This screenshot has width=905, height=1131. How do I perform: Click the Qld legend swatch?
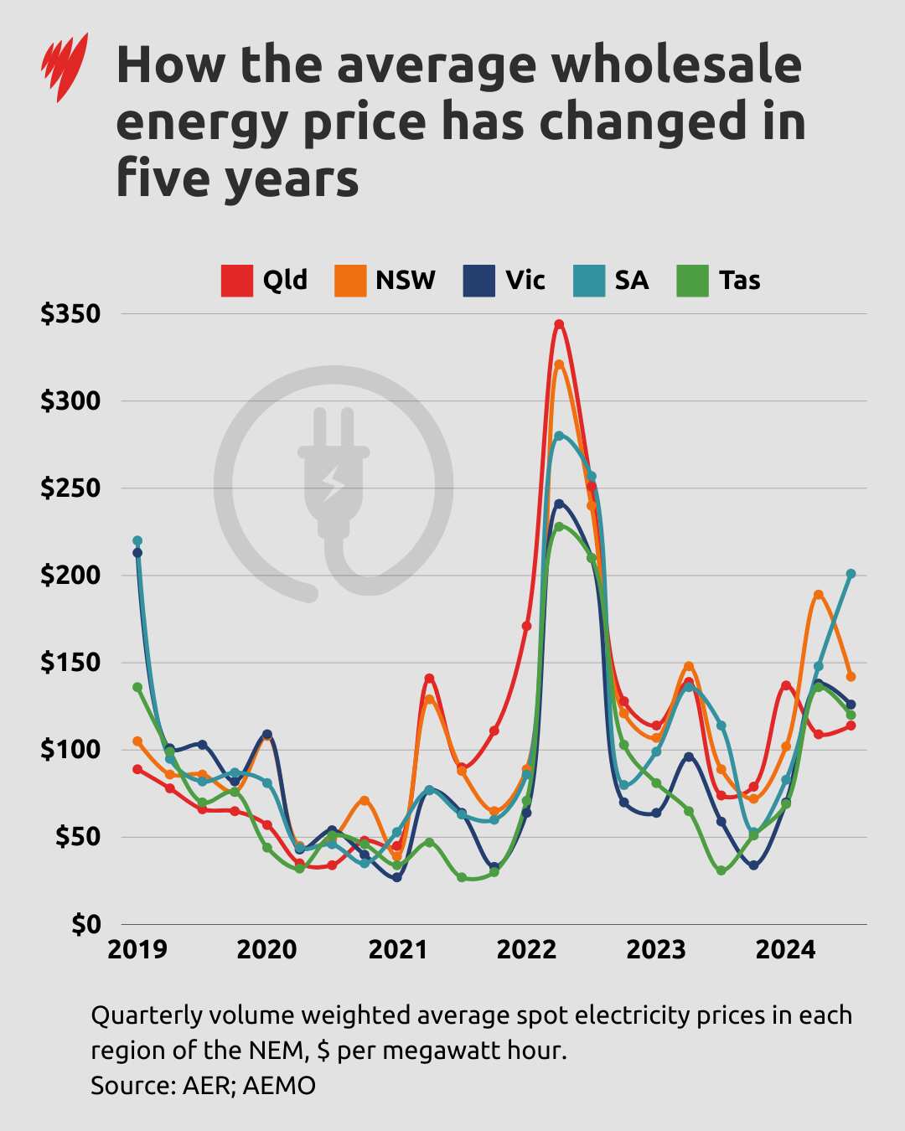[236, 281]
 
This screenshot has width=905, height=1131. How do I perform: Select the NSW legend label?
[406, 280]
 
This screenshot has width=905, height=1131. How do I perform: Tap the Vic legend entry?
[525, 280]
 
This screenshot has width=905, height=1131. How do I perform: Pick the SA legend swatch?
[589, 281]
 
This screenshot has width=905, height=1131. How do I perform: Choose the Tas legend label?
[739, 280]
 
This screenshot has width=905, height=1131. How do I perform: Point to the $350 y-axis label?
[70, 314]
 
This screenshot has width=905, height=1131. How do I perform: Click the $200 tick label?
[70, 576]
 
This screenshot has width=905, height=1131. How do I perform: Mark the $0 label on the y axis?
[86, 924]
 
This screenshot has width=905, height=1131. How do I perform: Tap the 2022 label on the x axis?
[526, 949]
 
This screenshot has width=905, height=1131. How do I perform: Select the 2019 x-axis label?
[137, 949]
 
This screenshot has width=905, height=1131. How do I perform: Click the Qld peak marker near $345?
[559, 324]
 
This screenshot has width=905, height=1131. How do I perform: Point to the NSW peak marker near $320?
[559, 364]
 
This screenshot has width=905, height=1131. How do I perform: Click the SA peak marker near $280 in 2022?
[559, 436]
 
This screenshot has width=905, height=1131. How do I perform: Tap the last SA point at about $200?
[851, 574]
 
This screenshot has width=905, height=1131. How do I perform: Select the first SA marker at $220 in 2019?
[137, 540]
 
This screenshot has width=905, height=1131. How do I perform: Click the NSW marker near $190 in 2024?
[819, 595]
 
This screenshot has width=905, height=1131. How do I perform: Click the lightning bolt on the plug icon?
[334, 483]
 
